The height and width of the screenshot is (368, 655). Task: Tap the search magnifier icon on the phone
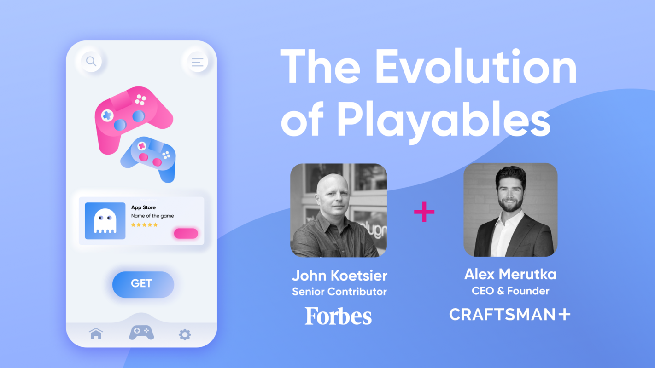91,61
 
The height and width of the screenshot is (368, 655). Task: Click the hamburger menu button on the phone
198,63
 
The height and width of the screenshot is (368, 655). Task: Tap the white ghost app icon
105,221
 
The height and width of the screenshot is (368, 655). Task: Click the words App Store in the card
143,207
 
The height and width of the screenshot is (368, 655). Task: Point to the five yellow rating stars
144,225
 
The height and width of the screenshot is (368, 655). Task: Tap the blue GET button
143,284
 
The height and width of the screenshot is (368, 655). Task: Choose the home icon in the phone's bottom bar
96,333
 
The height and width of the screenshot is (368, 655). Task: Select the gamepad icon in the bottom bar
141,332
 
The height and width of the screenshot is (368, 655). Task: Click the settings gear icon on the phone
185,334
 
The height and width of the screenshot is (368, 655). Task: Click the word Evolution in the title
476,68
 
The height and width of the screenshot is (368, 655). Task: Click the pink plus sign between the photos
424,212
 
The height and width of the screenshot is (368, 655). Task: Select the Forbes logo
338,316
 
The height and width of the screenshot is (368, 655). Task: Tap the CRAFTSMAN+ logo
510,315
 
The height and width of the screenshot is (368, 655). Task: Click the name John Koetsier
339,276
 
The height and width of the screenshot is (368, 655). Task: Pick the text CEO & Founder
510,291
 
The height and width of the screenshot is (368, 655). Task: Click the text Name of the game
152,216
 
